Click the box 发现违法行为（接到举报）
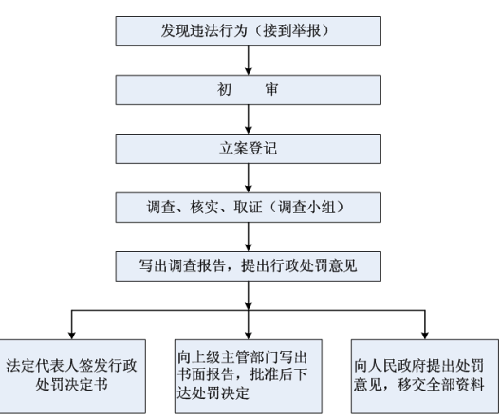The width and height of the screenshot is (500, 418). [x=248, y=31]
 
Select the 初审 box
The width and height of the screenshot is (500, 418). [x=248, y=90]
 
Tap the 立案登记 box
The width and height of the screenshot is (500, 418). [x=248, y=149]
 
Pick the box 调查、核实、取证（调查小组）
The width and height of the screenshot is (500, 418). [x=248, y=208]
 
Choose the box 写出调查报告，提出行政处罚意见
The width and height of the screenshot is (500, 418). [x=248, y=266]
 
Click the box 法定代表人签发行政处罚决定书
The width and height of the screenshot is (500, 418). [x=72, y=376]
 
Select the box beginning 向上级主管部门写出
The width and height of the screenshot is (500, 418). [x=248, y=376]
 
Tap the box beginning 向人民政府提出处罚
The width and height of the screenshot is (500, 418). [x=425, y=376]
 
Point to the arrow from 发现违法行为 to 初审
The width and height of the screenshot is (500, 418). [x=249, y=61]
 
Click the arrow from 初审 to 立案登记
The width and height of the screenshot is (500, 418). [x=249, y=119]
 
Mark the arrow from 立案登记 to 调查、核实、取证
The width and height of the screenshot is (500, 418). [x=249, y=178]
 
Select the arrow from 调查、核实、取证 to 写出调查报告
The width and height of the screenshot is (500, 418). [x=249, y=237]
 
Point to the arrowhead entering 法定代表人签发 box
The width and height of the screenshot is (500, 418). [x=72, y=336]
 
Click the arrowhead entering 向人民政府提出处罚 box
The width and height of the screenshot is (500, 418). [x=425, y=336]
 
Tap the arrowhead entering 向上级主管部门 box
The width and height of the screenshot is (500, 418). [x=249, y=336]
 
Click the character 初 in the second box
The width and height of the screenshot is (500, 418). [x=224, y=89]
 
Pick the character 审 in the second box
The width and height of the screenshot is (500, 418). [x=271, y=89]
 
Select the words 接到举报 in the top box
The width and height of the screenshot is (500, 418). [x=292, y=31]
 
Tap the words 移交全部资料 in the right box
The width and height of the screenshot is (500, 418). [x=440, y=385]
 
